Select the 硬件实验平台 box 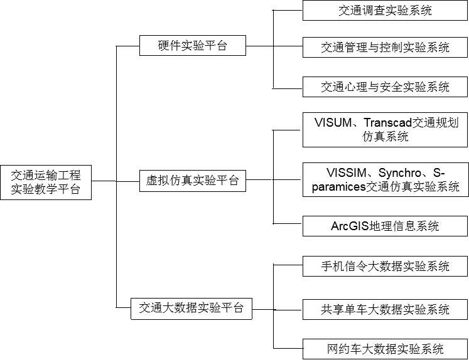[192, 46]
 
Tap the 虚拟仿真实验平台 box [192, 181]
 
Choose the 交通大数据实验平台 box [191, 309]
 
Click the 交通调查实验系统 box [385, 11]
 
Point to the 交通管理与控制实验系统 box [385, 48]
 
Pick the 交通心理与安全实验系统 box [385, 87]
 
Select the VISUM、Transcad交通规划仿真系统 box [385, 130]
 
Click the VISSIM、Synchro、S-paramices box [385, 179]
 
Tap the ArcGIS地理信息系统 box [385, 226]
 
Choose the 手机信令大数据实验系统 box [385, 266]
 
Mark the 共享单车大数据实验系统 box [385, 309]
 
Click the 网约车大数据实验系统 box [385, 349]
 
